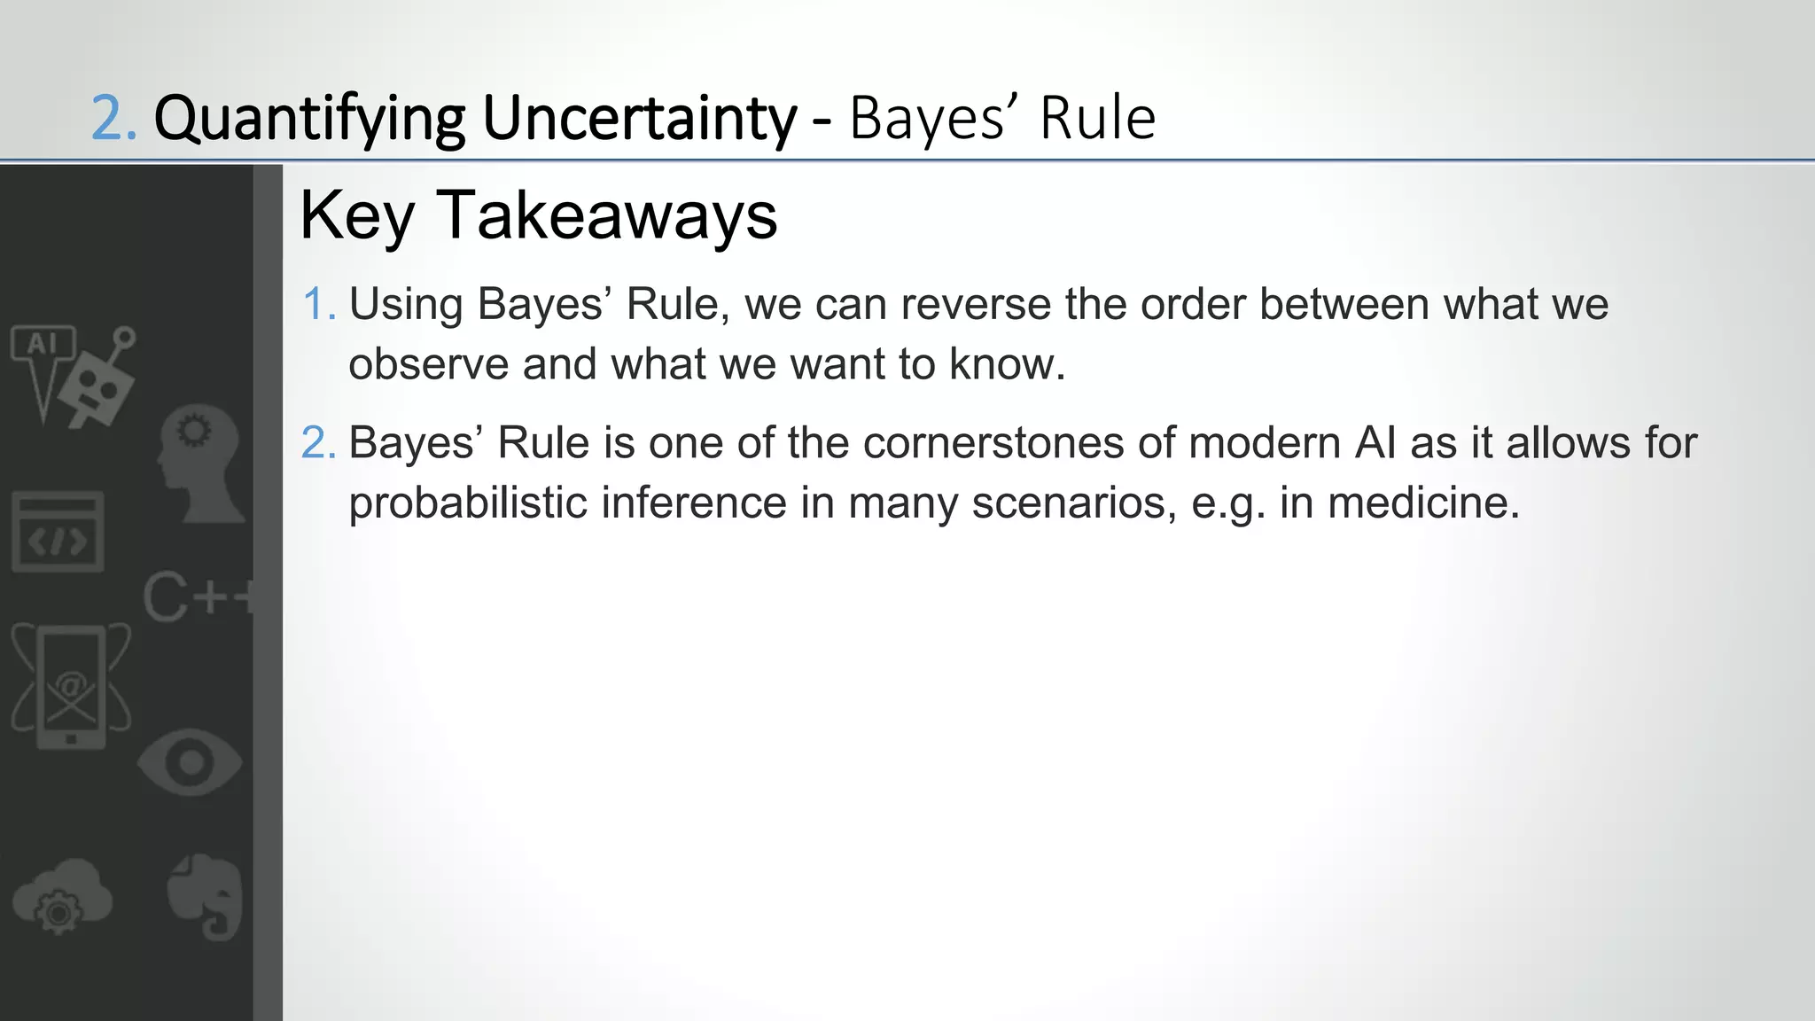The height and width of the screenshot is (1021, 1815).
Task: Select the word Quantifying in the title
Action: (309, 120)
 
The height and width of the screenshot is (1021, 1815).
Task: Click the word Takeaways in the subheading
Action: (606, 215)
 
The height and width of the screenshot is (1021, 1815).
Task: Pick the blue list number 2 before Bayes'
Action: (316, 443)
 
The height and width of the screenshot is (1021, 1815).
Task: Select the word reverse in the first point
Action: (976, 305)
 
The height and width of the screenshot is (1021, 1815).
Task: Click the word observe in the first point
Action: (428, 364)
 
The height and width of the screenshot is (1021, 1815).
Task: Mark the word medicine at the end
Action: (1423, 503)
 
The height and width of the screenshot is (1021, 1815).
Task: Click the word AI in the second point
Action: (1375, 443)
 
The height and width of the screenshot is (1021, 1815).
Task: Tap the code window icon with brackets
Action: (58, 532)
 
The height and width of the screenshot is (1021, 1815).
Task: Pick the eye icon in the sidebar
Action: (190, 763)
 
